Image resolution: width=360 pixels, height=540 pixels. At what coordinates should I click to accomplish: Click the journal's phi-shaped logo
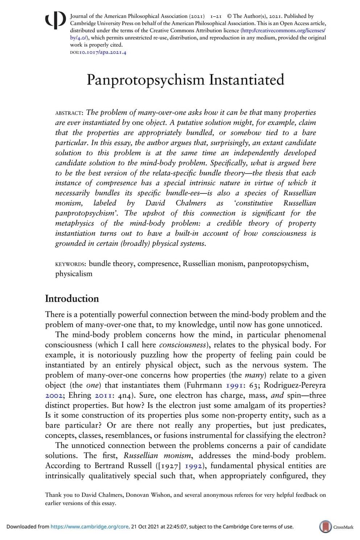pyautogui.click(x=55, y=20)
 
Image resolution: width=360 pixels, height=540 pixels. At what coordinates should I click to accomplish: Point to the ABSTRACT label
pyautogui.click(x=69, y=113)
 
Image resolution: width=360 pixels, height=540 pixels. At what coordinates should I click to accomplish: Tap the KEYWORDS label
pyautogui.click(x=70, y=264)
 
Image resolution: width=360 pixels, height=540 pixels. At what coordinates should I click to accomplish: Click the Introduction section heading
pyautogui.click(x=72, y=298)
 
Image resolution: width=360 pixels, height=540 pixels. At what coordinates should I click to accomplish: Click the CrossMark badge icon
pyautogui.click(x=325, y=527)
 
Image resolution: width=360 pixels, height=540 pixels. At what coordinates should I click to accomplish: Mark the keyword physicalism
pyautogui.click(x=74, y=274)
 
